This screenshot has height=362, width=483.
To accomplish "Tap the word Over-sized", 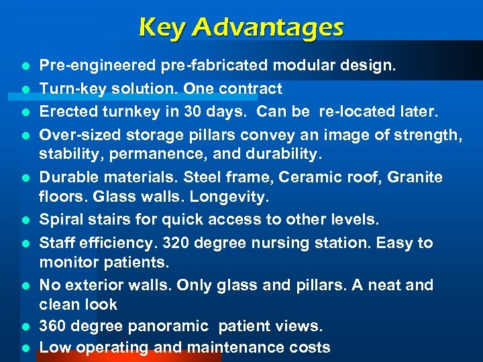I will (x=75, y=134).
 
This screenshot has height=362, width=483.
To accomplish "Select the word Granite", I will (x=415, y=178).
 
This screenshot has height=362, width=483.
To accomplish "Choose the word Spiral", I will (x=60, y=220).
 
